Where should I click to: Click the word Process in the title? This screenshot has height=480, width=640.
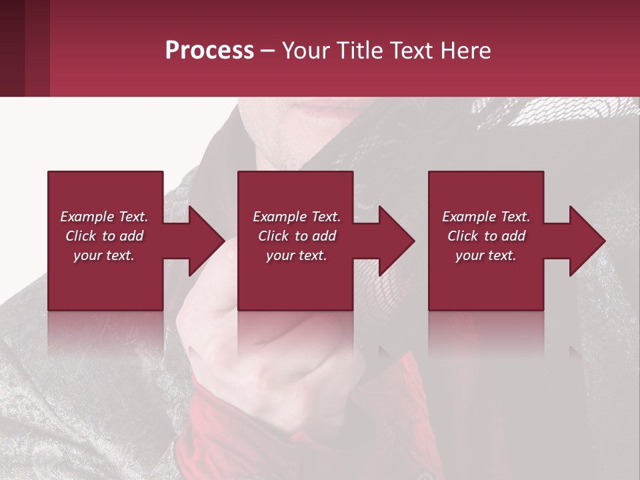click(209, 51)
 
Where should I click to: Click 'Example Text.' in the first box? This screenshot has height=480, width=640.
click(104, 217)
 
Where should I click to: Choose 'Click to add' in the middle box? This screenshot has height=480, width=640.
click(297, 236)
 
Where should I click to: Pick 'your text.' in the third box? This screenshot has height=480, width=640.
click(485, 255)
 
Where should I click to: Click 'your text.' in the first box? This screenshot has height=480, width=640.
click(104, 255)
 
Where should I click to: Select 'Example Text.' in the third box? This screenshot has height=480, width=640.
click(486, 217)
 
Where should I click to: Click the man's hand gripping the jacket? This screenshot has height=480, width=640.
click(280, 347)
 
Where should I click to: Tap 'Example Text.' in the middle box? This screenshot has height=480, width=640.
click(297, 217)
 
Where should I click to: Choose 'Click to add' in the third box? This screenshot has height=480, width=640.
click(486, 236)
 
